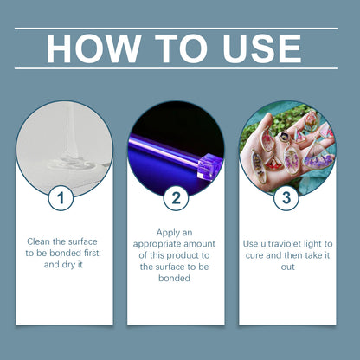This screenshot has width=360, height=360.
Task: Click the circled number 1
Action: pyautogui.click(x=60, y=198)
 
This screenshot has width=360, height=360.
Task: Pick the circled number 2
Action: pyautogui.click(x=176, y=198)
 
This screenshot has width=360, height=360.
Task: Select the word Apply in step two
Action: pyautogui.click(x=168, y=233)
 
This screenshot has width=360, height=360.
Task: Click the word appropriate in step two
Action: pyautogui.click(x=163, y=245)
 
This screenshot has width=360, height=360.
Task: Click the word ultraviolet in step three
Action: pyautogui.click(x=284, y=243)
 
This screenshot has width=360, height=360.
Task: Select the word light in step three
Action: pyautogui.click(x=319, y=243)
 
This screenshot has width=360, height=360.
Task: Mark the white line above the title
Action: pyautogui.click(x=180, y=28)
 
